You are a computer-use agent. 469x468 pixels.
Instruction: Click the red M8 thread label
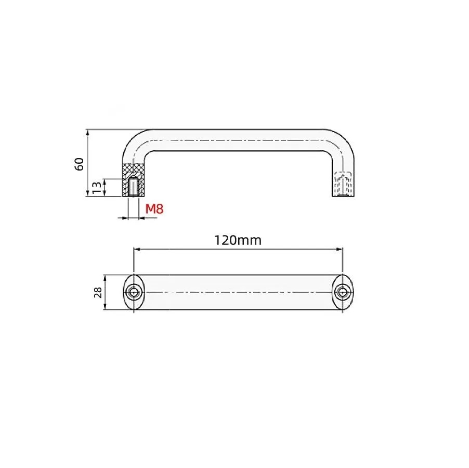[154, 209]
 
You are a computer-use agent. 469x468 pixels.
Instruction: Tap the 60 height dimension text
[79, 164]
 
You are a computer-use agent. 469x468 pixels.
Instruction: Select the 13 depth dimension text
[97, 188]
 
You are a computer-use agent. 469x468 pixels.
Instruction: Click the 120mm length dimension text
[238, 240]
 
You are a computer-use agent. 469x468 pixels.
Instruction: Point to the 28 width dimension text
[98, 292]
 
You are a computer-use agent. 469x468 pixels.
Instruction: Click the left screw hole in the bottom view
[134, 292]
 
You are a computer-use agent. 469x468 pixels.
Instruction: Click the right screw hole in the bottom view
[343, 292]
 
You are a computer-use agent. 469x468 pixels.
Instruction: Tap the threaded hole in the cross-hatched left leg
[134, 187]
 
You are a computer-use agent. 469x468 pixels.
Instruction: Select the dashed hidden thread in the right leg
[343, 184]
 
